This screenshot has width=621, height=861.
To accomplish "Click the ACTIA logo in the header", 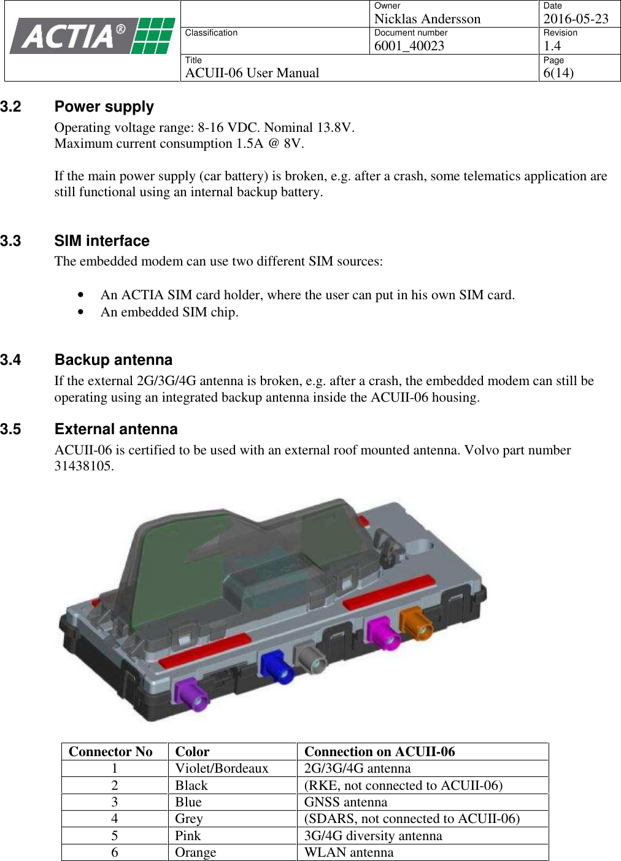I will point(92,36).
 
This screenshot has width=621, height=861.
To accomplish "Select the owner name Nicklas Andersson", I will point(427,19).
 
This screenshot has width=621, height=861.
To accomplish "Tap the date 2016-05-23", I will point(576,19).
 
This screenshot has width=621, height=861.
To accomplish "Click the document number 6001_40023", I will point(409,46).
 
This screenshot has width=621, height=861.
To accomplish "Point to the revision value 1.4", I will point(552,46).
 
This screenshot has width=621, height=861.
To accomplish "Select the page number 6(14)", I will point(558,73).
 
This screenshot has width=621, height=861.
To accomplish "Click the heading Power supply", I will point(104,107).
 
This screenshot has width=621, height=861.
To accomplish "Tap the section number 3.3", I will point(10,241).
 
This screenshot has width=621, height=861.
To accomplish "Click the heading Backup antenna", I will point(114,360).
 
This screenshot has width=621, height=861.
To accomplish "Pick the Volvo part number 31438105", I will point(83,466).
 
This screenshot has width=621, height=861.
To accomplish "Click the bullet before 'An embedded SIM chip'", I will point(80,312).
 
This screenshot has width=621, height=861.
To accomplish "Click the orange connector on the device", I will point(415,622).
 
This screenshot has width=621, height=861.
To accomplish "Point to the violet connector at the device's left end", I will point(191,694).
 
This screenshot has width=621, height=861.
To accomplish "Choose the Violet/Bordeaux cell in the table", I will point(222,768).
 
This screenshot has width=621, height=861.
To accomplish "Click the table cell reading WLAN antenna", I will point(349,852).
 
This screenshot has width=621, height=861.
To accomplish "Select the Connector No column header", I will point(110,752).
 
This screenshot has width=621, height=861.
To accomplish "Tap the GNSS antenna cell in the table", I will point(345,802).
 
